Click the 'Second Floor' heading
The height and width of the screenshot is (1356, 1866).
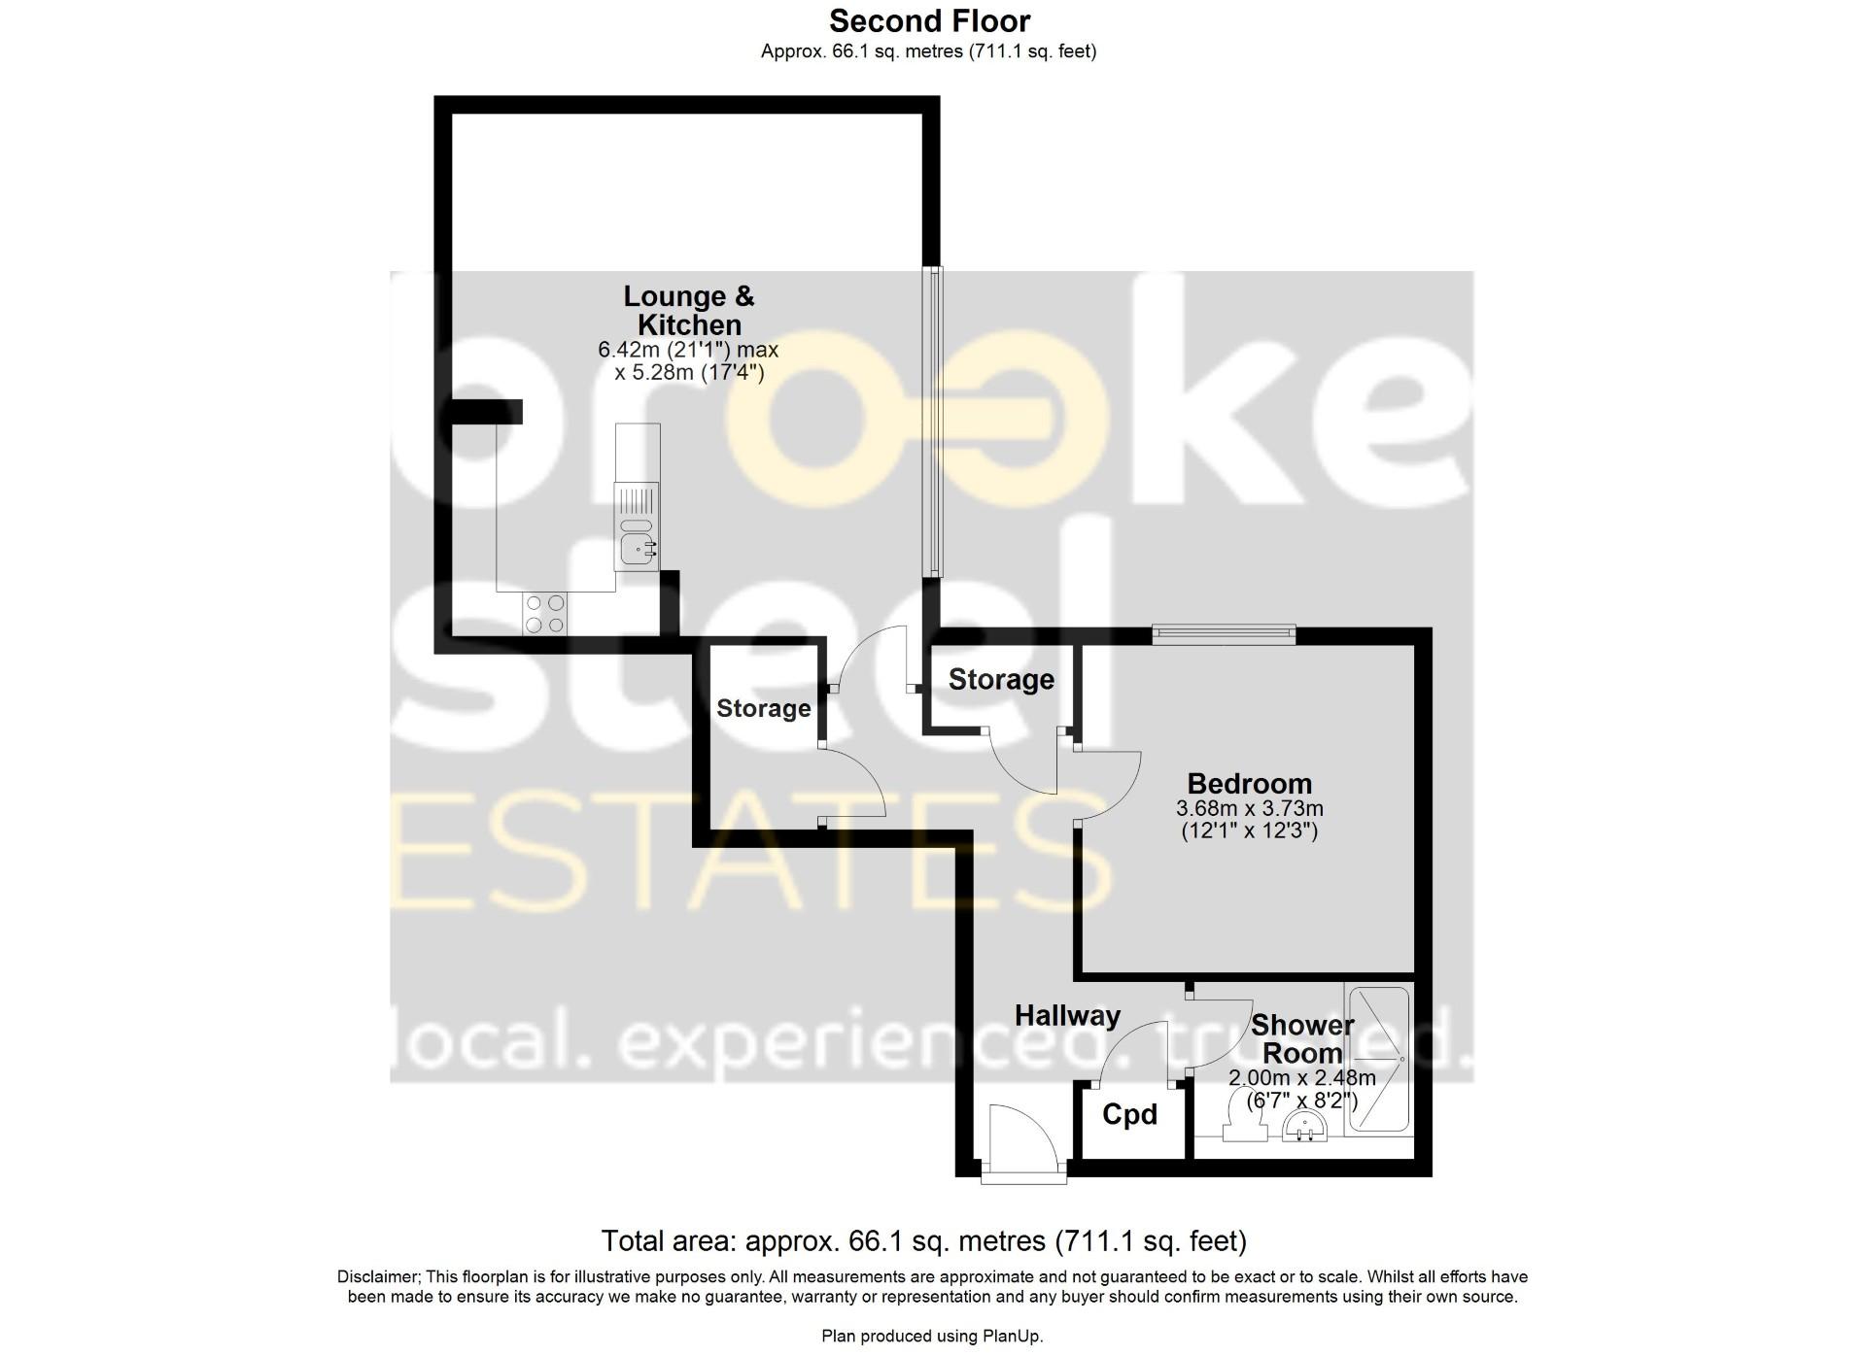(x=929, y=20)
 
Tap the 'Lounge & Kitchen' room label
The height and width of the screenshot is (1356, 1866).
(x=689, y=310)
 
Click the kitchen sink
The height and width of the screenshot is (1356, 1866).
(x=637, y=550)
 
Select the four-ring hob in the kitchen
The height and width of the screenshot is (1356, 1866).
(x=544, y=614)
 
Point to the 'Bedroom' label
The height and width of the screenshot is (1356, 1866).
(x=1249, y=783)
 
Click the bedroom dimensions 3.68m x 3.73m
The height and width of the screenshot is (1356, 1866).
(x=1249, y=808)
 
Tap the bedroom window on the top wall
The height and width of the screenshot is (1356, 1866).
(x=1224, y=635)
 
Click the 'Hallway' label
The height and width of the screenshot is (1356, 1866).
(x=1067, y=1016)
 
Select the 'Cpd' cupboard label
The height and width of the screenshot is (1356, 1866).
(x=1129, y=1114)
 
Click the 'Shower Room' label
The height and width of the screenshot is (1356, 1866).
(x=1302, y=1038)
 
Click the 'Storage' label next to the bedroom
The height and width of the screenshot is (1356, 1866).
(x=1001, y=680)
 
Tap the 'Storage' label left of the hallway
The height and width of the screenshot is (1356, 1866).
(x=763, y=709)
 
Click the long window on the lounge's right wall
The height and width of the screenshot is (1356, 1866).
(x=933, y=422)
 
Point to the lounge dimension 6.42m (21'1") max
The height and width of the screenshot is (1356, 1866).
(x=688, y=350)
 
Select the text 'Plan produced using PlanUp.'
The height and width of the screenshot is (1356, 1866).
(x=932, y=1337)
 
